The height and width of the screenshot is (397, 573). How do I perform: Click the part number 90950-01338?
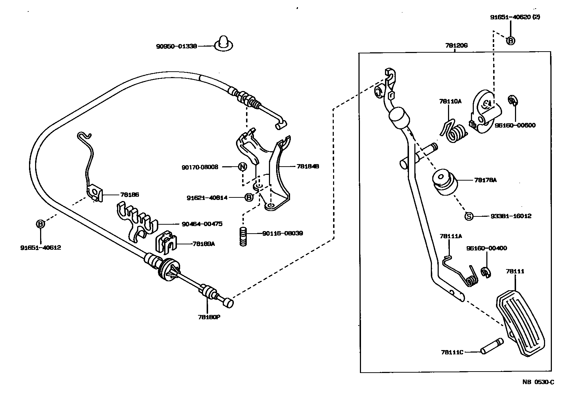click(x=176, y=46)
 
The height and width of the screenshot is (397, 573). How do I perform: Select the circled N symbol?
click(x=242, y=167)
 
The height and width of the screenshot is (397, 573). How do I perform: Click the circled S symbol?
click(x=469, y=216)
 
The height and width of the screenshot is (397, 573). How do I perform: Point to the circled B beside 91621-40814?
click(x=249, y=197)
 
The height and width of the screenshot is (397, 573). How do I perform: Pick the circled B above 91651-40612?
click(x=40, y=224)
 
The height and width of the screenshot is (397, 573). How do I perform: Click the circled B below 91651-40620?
click(x=511, y=41)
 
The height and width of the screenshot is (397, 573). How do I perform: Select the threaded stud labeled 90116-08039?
click(x=244, y=236)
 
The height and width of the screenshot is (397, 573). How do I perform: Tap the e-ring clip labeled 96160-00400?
click(x=486, y=272)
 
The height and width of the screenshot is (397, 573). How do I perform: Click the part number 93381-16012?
click(x=511, y=216)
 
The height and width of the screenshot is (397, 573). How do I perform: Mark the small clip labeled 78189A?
click(x=167, y=241)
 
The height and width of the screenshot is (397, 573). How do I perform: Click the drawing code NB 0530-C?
click(x=538, y=382)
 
